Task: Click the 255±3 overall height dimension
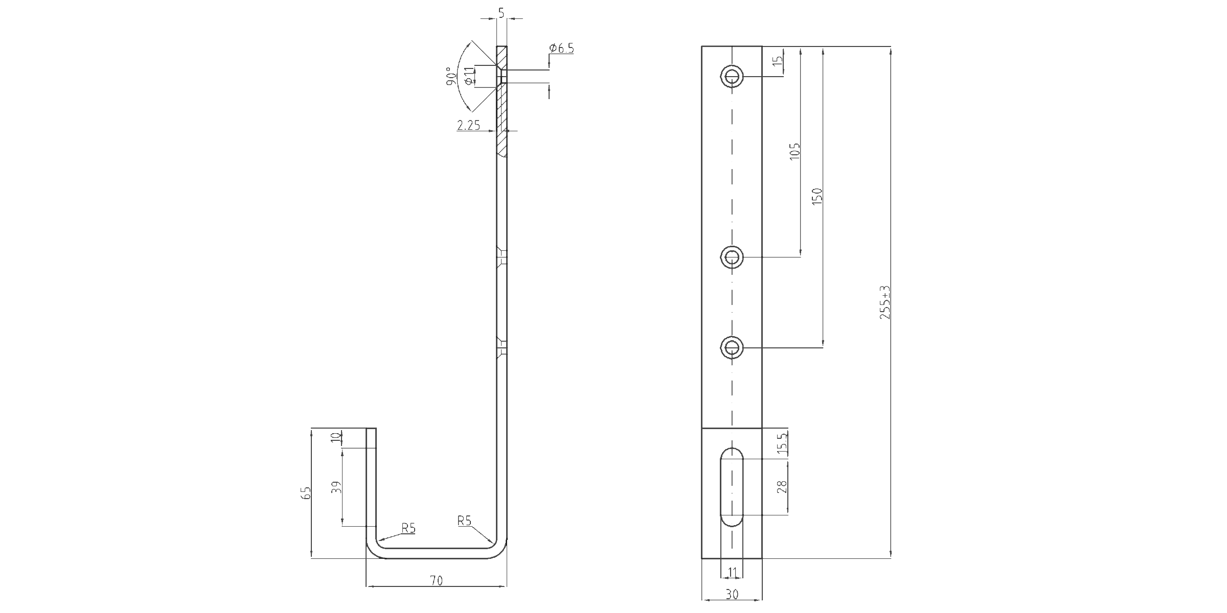coord(885,302)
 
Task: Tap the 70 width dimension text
coord(436,580)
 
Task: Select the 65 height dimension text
coord(306,493)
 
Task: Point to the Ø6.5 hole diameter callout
coord(561,49)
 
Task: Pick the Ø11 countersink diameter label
coord(469,76)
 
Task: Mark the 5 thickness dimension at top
coord(501,13)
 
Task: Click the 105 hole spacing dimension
coord(794,152)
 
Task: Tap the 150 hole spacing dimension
coord(817,197)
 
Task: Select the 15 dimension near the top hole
coord(778,60)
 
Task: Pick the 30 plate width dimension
coord(732,595)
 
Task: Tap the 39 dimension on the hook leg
coord(336,487)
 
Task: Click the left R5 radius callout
coord(408,528)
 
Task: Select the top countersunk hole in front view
coord(732,77)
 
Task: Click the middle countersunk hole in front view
coord(732,257)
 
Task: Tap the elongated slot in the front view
coord(732,487)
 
